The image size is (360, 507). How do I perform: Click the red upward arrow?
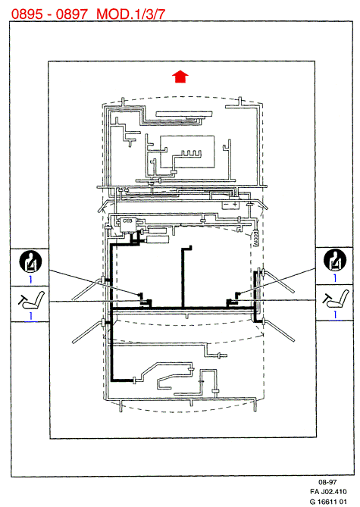point(180,77)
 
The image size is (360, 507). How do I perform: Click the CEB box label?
point(127,221)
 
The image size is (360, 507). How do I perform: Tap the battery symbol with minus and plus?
point(230,205)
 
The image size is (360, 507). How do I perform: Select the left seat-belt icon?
point(30,261)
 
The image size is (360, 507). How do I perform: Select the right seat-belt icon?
point(335,260)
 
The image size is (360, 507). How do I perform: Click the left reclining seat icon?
point(31,300)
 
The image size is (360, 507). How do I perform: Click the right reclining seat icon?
point(336,299)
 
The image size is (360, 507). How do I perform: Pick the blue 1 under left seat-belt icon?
point(30,279)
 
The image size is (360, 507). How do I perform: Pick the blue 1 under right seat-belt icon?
point(335,277)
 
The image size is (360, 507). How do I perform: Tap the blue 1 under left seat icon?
point(31,315)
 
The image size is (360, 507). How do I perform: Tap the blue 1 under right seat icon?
point(336,315)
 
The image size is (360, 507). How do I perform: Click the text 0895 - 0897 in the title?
point(49,14)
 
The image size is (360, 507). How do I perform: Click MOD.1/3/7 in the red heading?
point(131,14)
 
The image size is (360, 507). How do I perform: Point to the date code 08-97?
point(327,482)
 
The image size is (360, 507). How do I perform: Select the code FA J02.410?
point(328,492)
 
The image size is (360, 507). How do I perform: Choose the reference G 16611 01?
point(328,502)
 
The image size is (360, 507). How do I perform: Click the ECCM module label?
point(255,239)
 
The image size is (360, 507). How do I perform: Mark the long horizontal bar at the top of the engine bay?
point(184,114)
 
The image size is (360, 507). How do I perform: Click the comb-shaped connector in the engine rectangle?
point(191,154)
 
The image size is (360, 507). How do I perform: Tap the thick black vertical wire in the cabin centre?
point(183,277)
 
